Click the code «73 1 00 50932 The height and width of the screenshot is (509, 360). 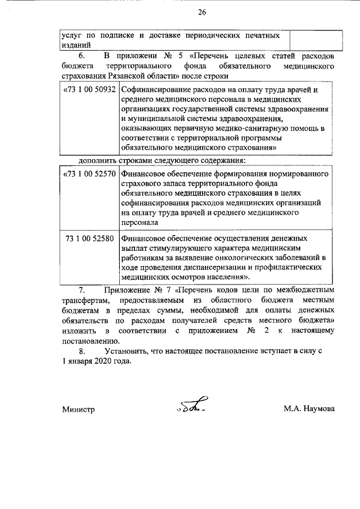pyautogui.click(x=90, y=89)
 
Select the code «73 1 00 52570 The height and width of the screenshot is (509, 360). pyautogui.click(x=90, y=174)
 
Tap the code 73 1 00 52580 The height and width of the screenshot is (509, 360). pyautogui.click(x=90, y=238)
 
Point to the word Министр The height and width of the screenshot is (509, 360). pyautogui.click(x=78, y=409)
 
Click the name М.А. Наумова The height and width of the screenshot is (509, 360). pyautogui.click(x=309, y=409)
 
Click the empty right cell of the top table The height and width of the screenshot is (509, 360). pyautogui.click(x=315, y=40)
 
